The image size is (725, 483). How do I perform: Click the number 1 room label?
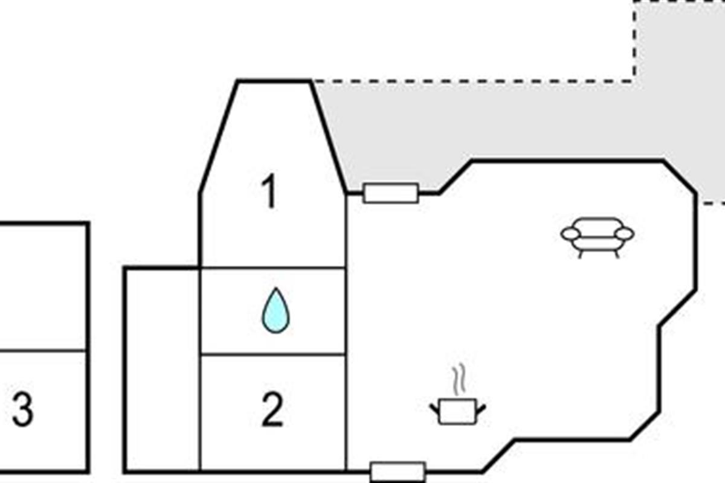pos(270,193)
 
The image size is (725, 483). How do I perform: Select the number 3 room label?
pos(22,410)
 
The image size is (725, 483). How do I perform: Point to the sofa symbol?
pos(598,236)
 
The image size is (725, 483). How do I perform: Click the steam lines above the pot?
pos(459,377)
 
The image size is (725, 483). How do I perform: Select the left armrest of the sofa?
pos(570,233)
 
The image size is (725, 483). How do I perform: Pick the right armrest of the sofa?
pos(625,233)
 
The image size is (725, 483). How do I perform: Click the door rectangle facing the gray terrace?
pos(390,193)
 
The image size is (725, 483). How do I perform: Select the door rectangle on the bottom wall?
pos(398,472)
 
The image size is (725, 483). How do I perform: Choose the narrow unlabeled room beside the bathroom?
pos(162,368)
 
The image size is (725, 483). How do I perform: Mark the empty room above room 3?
pos(42,287)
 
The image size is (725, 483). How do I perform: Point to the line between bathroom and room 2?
pos(273,355)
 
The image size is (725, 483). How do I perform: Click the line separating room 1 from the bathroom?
pos(273,267)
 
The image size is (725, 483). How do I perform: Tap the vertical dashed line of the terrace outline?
pos(634,39)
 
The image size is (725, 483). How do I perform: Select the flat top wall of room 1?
pos(274,80)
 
